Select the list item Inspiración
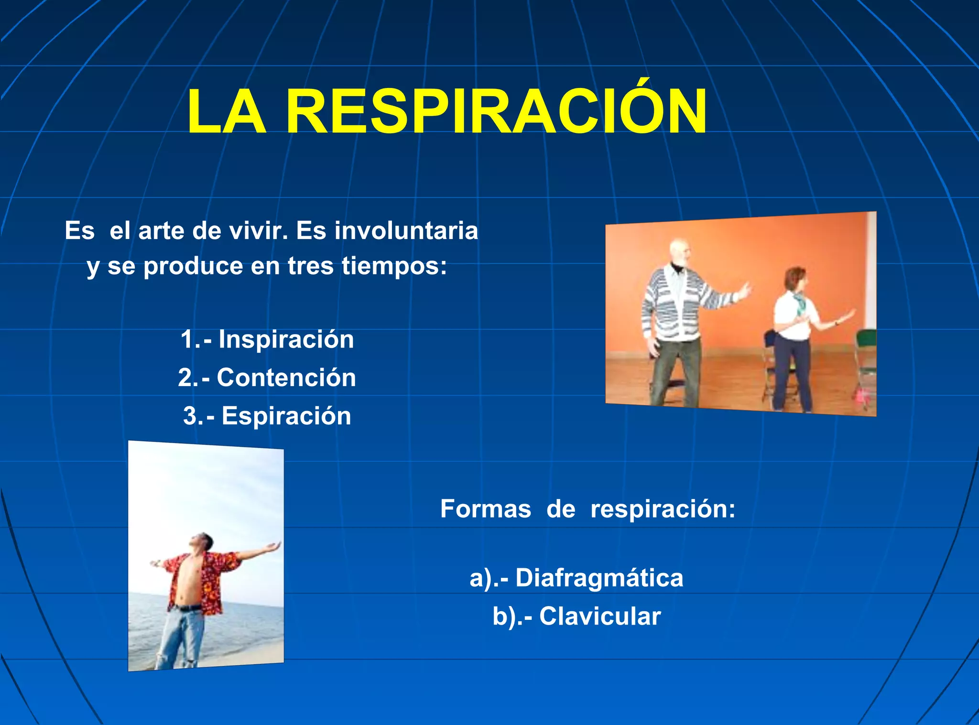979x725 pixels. point(286,339)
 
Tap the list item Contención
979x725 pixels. point(286,378)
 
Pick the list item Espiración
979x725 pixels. point(286,416)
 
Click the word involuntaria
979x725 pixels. point(406,231)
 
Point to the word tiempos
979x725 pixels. point(394,266)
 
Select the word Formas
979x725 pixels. point(485,509)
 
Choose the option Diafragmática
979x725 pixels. point(599,578)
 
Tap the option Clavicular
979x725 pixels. point(599,617)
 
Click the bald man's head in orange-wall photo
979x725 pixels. point(679,253)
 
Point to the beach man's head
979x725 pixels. point(200,542)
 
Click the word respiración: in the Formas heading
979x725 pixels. point(663,509)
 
